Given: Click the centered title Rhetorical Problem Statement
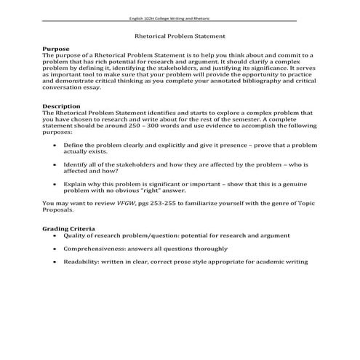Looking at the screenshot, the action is tap(180, 35).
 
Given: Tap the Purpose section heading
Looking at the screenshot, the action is tap(56, 48).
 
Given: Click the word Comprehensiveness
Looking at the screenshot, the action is tap(92, 247).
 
